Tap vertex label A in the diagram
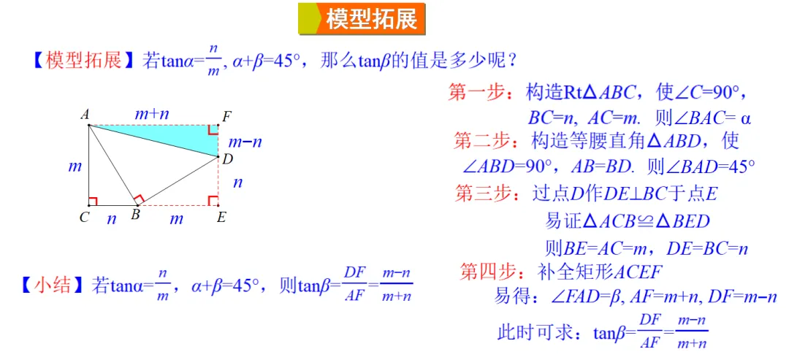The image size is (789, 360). pyautogui.click(x=85, y=115)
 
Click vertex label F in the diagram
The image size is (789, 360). pyautogui.click(x=226, y=115)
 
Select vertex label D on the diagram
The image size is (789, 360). pyautogui.click(x=227, y=158)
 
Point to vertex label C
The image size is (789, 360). pyautogui.click(x=84, y=217)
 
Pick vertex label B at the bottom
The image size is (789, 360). pyautogui.click(x=135, y=215)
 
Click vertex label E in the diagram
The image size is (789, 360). pyautogui.click(x=221, y=217)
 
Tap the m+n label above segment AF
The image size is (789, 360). pyautogui.click(x=153, y=113)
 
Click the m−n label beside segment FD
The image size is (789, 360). pyautogui.click(x=245, y=142)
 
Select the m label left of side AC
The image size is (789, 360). pyautogui.click(x=75, y=166)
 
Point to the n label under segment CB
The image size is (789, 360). pyautogui.click(x=111, y=218)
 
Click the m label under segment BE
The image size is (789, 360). pyautogui.click(x=177, y=218)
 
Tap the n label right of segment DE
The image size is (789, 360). pyautogui.click(x=237, y=183)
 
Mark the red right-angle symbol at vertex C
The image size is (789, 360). pyautogui.click(x=93, y=201)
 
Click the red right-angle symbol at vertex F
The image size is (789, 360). pyautogui.click(x=213, y=130)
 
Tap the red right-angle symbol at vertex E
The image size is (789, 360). pyautogui.click(x=213, y=200)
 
